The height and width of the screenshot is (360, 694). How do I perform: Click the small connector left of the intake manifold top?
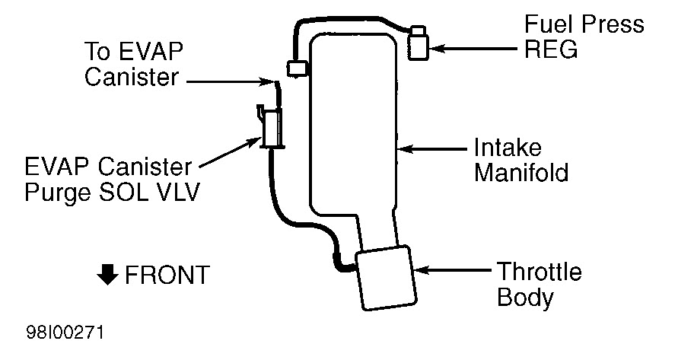pyautogui.click(x=296, y=68)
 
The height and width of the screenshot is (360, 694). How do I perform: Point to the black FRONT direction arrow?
pyautogui.click(x=107, y=274)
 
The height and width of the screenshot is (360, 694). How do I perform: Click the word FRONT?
pyautogui.click(x=166, y=275)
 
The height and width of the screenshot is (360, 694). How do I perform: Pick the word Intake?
pyautogui.click(x=508, y=147)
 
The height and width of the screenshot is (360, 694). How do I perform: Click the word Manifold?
pyautogui.click(x=521, y=173)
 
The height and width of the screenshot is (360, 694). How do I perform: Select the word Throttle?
pyautogui.click(x=539, y=271)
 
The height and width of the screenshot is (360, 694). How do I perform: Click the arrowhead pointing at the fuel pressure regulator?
pyautogui.click(x=437, y=49)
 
